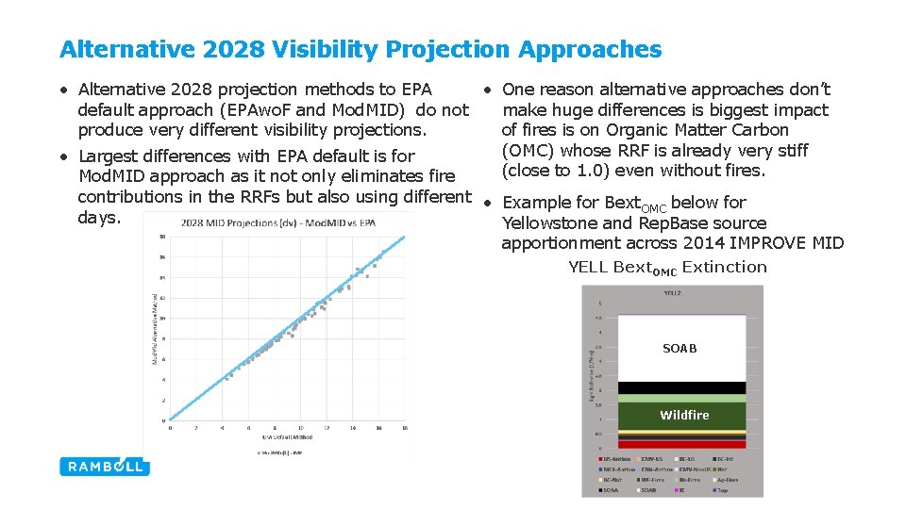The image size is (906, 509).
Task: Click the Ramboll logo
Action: pos(103,466)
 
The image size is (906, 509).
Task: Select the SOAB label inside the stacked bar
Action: pos(679,349)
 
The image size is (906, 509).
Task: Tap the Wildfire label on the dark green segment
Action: pos(684,415)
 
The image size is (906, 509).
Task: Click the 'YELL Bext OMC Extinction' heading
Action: pos(667,268)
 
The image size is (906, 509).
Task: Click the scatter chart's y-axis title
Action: pos(155,328)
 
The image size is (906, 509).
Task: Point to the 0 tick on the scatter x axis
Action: pos(171,428)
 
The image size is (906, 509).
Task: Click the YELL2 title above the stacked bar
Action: pos(672,293)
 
